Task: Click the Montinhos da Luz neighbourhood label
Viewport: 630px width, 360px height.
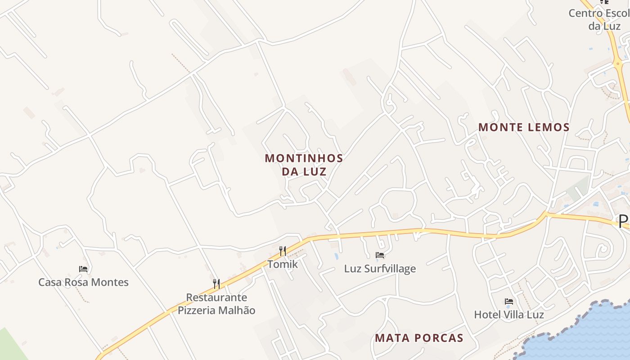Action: pos(304,165)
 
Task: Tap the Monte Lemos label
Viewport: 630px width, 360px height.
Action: pos(524,127)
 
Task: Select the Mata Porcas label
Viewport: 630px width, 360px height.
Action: pos(419,338)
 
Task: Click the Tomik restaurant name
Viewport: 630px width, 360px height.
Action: pos(283,264)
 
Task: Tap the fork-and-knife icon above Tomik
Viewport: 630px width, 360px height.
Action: pos(283,251)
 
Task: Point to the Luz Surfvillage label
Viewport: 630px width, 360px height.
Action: pos(380,269)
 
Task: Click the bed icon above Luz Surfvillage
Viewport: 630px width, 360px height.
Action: pos(380,255)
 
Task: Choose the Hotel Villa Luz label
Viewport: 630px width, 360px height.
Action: pos(509,315)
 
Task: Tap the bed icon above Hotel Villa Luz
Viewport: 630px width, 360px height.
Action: pos(509,301)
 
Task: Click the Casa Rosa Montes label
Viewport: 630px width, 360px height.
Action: pos(83,282)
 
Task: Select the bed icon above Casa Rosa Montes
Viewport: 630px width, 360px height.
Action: pos(83,269)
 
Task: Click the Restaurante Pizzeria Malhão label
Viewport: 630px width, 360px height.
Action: pos(216,304)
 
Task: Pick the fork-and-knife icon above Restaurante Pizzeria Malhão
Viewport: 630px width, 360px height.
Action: pos(216,283)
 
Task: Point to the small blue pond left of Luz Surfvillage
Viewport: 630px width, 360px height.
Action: pos(337,256)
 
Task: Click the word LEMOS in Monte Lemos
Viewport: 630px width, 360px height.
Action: pos(546,127)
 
